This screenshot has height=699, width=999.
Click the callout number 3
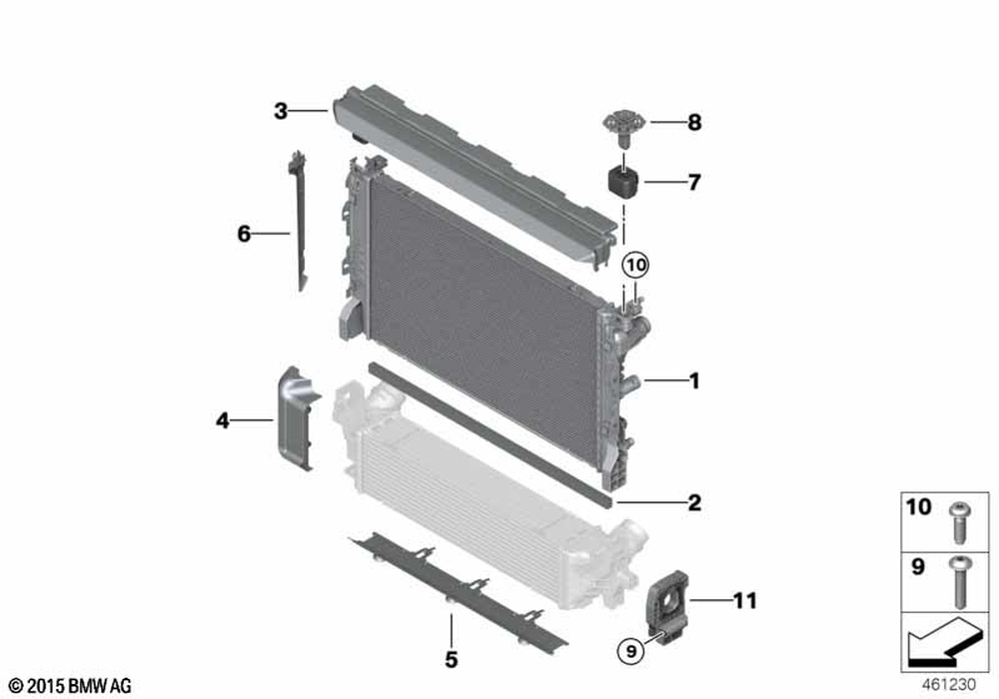point(281,111)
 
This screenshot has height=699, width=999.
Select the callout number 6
point(244,234)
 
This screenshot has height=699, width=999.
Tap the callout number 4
point(223,420)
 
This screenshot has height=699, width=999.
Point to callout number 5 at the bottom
point(452,659)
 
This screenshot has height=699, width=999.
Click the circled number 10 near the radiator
point(635,265)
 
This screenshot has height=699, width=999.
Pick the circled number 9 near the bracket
point(631,651)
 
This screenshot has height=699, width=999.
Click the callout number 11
point(745,600)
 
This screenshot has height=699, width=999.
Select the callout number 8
point(694,122)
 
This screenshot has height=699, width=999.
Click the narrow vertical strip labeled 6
point(298,221)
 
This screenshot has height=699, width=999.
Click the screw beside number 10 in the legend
point(959,522)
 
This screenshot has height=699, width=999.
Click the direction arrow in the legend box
point(942,640)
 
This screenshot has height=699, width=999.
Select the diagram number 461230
point(949,685)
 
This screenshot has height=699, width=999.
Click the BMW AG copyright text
point(71,686)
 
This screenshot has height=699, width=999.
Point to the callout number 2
point(694,502)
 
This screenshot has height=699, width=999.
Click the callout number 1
point(694,380)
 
